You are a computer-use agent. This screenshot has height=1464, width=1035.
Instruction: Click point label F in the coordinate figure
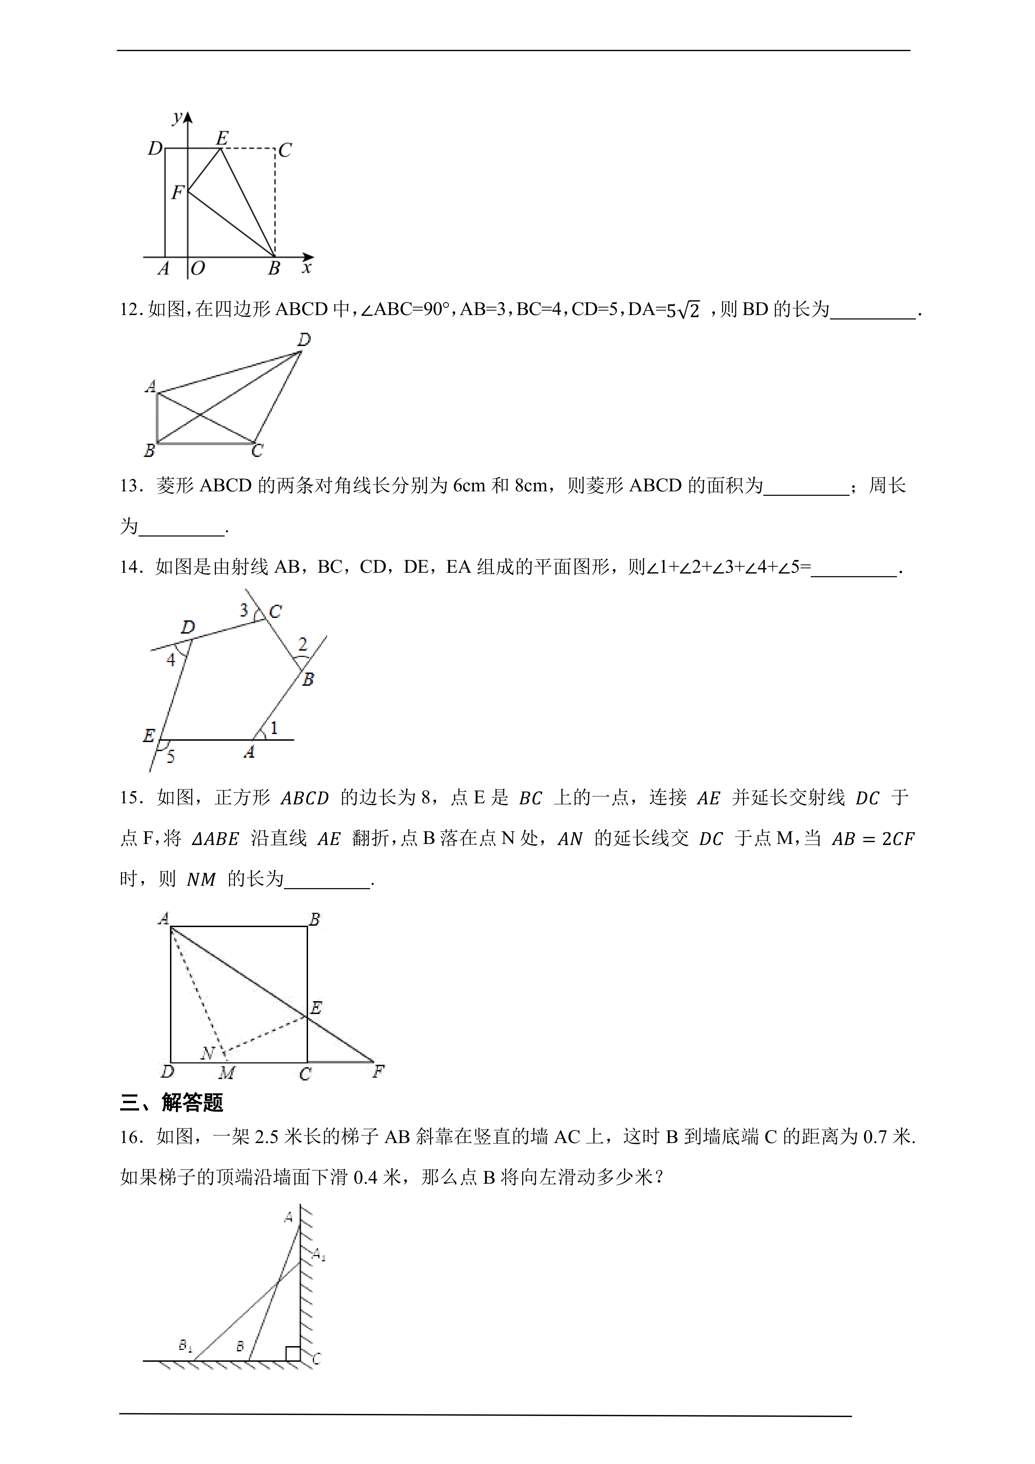(177, 192)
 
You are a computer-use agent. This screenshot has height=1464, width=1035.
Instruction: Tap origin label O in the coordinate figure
(197, 268)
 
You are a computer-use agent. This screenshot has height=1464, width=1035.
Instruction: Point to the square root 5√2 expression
(682, 310)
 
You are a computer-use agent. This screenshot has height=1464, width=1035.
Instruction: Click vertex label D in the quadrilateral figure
(304, 340)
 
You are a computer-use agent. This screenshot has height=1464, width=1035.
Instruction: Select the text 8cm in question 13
(530, 486)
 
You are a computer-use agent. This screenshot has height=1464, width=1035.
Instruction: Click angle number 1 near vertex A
(274, 727)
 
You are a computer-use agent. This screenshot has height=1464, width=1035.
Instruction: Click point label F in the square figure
(379, 1072)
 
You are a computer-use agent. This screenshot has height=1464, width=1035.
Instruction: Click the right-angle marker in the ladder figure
(292, 1353)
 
